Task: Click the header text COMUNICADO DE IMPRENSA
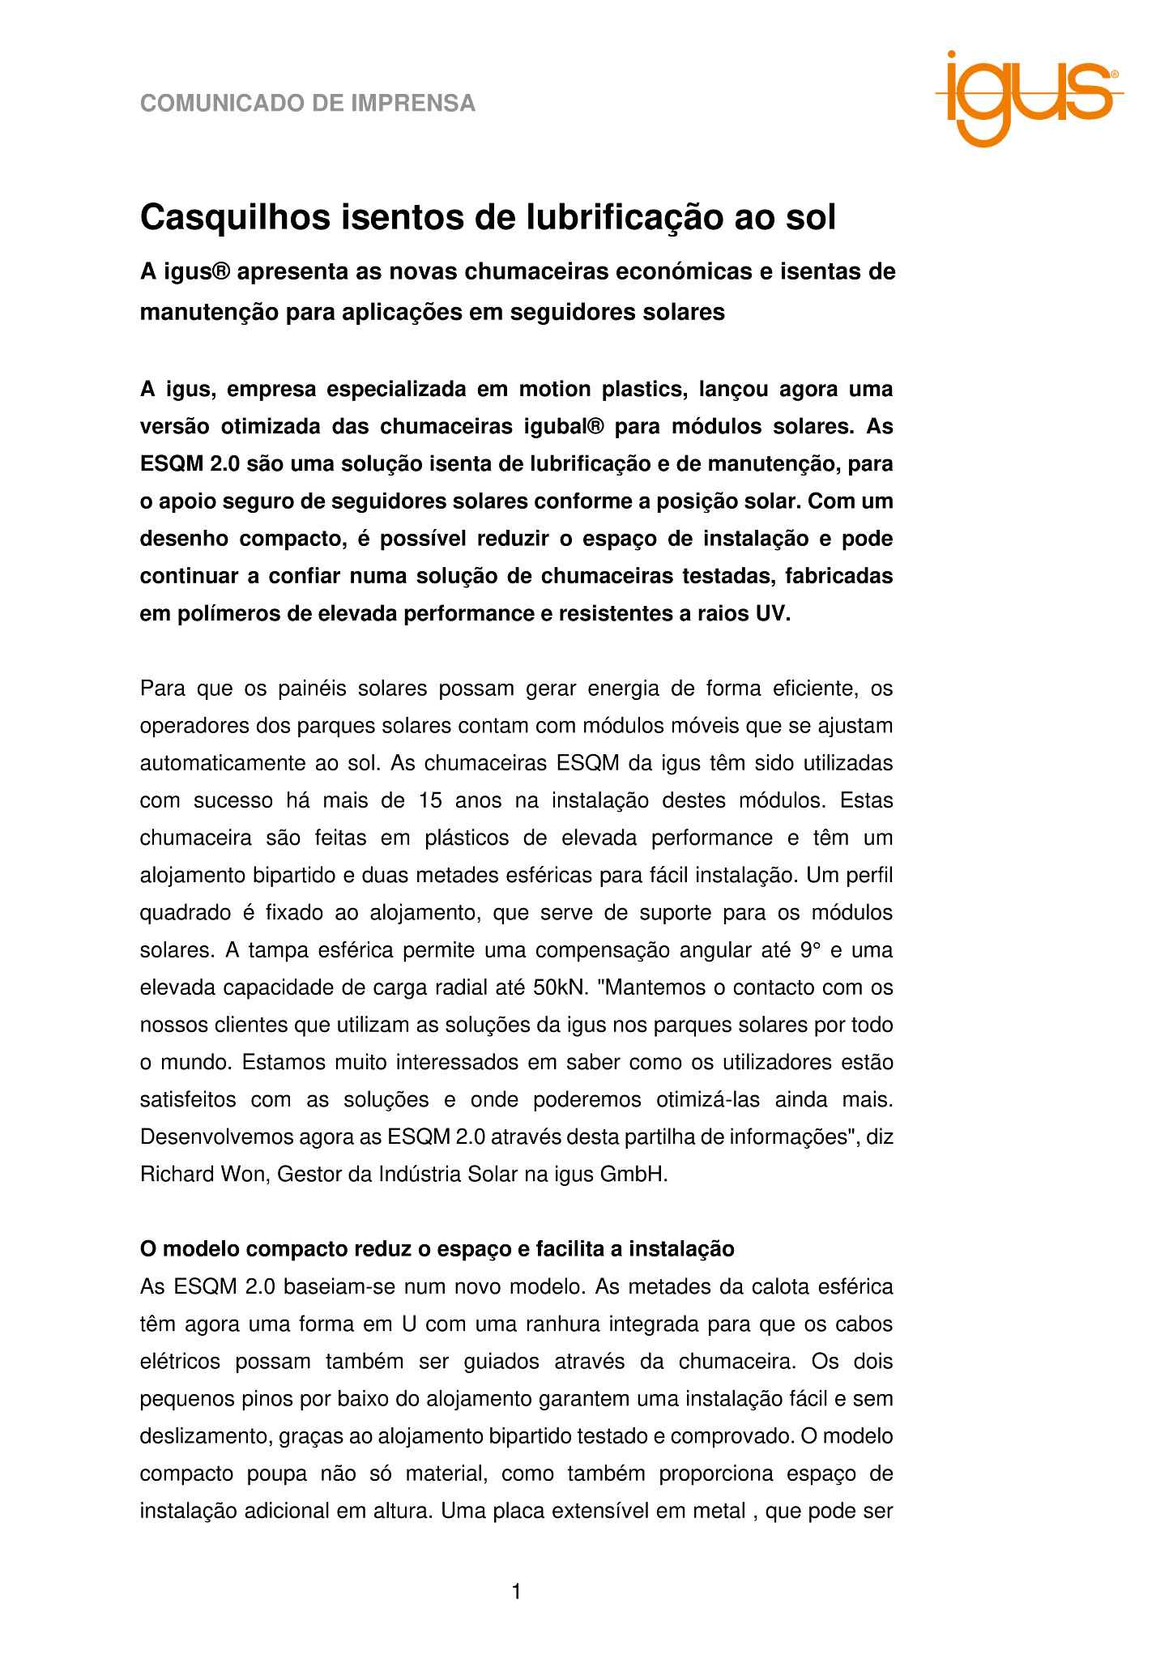(308, 104)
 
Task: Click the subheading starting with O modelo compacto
(437, 1249)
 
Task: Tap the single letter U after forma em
(409, 1324)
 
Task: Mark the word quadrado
(186, 913)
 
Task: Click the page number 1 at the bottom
(516, 1593)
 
